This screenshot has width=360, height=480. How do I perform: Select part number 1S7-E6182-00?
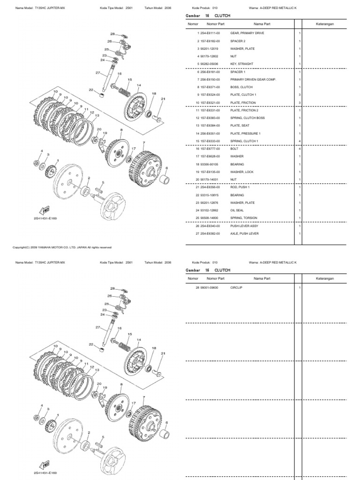tap(210, 41)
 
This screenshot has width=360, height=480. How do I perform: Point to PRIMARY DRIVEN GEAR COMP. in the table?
tap(253, 79)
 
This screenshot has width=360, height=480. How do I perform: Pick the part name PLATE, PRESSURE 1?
tap(245, 133)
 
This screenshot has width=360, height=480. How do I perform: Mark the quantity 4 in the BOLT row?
tap(300, 149)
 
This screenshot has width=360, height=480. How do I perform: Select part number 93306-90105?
tap(210, 164)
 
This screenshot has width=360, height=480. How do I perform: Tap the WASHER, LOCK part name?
tap(242, 172)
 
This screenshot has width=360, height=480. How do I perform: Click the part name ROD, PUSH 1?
tap(241, 187)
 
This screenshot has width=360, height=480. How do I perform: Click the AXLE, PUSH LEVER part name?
tap(244, 233)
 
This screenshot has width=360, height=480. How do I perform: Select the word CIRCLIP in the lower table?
tap(237, 287)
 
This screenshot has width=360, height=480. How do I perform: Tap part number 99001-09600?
tap(210, 287)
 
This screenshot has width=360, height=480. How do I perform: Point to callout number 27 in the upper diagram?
tap(98, 73)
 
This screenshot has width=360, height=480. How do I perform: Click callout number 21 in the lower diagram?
tap(163, 352)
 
